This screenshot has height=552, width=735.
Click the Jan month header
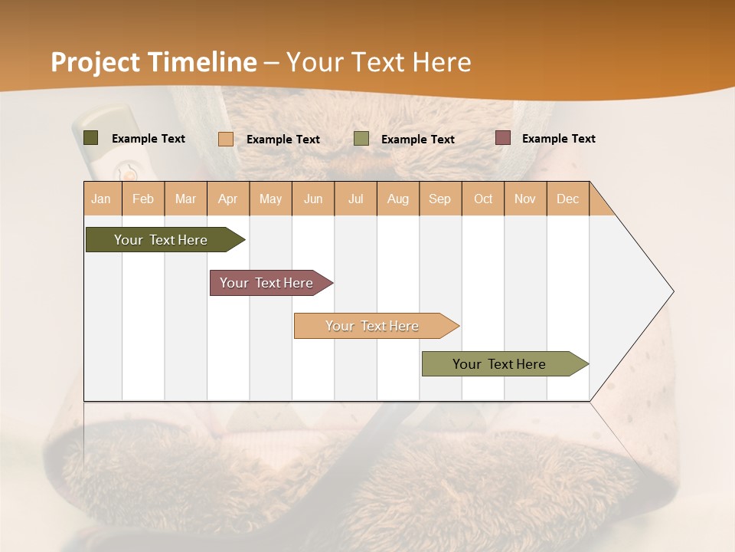coord(102,199)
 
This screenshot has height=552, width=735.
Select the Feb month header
coord(143,199)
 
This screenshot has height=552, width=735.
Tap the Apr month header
coord(228,199)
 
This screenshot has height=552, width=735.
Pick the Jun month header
coord(313,199)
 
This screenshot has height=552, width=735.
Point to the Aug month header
coord(398,199)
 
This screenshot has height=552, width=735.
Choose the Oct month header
coord(483,199)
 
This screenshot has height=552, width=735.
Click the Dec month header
coord(568,199)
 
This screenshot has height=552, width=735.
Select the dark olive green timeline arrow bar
coord(161,240)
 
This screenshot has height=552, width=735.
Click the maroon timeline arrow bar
coord(266,283)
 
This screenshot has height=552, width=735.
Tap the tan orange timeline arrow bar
coord(372,326)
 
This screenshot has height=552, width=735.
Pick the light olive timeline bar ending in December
coord(499,364)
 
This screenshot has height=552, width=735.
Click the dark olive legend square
coord(91,138)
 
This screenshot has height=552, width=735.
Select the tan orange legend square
coord(226,139)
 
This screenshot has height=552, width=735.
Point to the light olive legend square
coord(361,139)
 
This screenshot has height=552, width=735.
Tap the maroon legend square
coord(503,138)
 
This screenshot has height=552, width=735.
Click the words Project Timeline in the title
coord(153,62)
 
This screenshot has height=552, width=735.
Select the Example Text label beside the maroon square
coord(558,139)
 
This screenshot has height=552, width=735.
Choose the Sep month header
coord(440,199)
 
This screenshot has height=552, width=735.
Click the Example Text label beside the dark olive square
coord(149,139)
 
